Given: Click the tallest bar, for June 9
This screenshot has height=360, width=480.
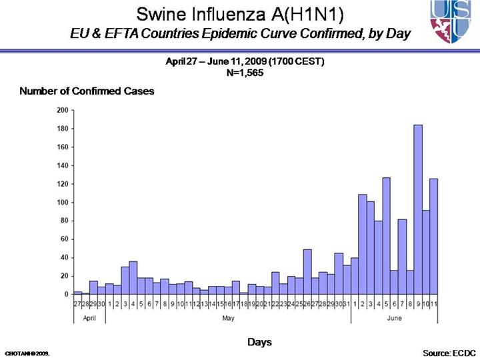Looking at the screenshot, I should coord(418,209).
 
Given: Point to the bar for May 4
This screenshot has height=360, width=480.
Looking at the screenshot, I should coord(133,277).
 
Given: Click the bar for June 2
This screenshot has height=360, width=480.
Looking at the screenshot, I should coord(363,244).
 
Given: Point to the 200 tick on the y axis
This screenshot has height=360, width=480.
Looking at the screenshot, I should coord(63,110).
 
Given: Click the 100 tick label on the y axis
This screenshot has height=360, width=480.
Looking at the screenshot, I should coord(63,202).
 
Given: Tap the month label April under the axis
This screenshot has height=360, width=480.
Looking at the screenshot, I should coord(89,318).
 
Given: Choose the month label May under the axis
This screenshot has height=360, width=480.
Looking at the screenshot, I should coord(228,318).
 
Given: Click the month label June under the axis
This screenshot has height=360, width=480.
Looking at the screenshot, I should coord(395,318).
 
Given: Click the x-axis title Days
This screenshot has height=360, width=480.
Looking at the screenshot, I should coord(259,342).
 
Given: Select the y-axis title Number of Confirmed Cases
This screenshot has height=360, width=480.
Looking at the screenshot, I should coord(87,91).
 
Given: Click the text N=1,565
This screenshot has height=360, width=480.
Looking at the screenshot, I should coord(246,73).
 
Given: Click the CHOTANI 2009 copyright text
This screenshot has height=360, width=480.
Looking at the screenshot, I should coord(27,352).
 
